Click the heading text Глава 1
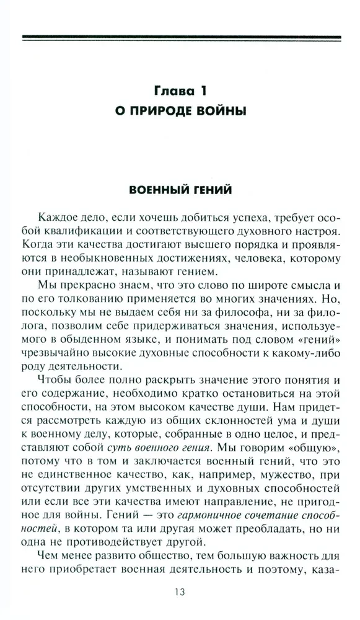point(182,91)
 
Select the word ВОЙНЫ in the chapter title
point(227,112)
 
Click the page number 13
point(180,592)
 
